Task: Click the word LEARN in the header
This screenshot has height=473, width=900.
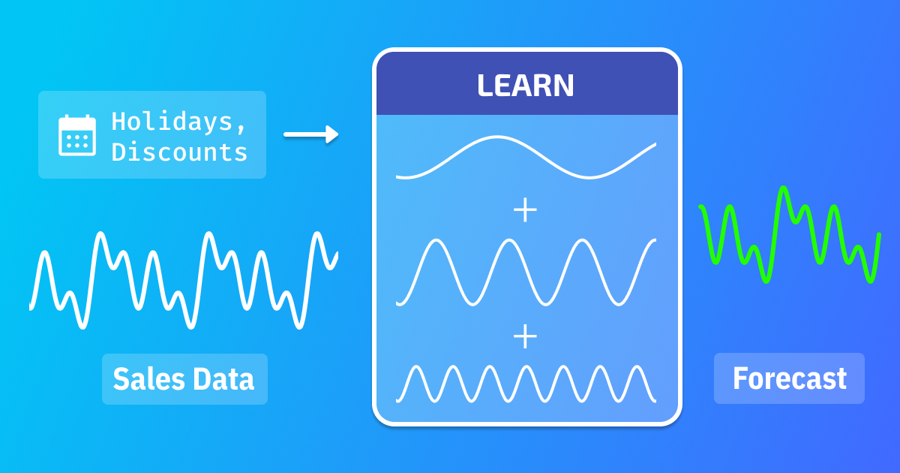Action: [x=525, y=86]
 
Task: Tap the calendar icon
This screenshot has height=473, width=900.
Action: [x=76, y=135]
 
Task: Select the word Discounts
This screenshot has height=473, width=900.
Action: [x=179, y=152]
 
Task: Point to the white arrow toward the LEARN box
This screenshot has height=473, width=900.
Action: [x=310, y=134]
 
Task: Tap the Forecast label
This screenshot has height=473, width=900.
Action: [x=789, y=378]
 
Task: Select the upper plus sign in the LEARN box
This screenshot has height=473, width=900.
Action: [x=525, y=210]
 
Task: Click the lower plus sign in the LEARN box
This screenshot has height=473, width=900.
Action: [x=525, y=336]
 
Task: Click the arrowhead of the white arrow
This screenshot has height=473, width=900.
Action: [x=333, y=134]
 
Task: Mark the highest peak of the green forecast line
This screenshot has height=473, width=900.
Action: [x=784, y=188]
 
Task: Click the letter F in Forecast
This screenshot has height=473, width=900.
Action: [x=740, y=379]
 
